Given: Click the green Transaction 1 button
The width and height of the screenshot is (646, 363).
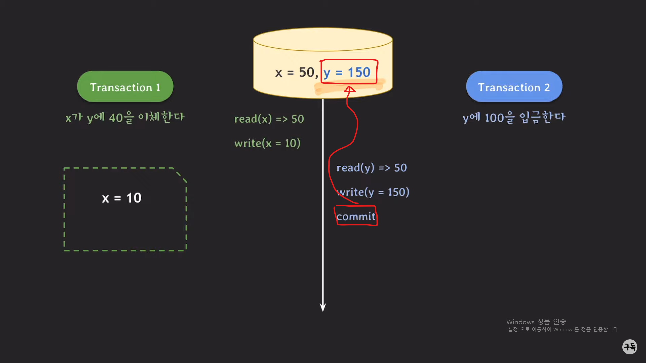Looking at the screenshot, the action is coord(125,87).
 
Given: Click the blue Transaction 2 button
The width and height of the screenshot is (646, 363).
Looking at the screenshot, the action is coord(514,87).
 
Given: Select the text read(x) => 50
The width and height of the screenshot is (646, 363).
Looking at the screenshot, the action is coord(269,119).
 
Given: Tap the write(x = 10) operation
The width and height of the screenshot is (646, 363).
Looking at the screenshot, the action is coord(267,144).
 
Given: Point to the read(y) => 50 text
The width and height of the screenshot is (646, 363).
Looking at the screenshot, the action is coord(371,168).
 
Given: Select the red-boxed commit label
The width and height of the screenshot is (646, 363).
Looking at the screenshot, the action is coord(356,217).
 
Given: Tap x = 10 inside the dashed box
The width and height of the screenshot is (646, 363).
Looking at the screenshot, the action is coord(121,198).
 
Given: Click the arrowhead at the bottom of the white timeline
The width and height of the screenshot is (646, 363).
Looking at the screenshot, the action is coord(323,307).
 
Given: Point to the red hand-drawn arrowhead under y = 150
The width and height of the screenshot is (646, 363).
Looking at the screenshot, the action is coord(350,89).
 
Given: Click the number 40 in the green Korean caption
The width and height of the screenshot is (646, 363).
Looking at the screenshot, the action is coord(116,118).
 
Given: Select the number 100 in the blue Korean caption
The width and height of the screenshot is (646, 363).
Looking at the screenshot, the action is coord(494,118).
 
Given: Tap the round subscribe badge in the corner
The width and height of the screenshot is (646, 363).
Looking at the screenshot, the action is coord(630,347).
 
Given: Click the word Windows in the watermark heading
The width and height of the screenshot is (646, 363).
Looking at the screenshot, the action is coord(520,322).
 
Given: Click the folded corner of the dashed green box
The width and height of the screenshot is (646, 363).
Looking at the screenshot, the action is coord(180,175).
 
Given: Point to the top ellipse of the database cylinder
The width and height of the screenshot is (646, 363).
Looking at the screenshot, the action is coord(323,40).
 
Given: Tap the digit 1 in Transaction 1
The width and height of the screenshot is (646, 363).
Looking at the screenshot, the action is coord(158,88).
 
